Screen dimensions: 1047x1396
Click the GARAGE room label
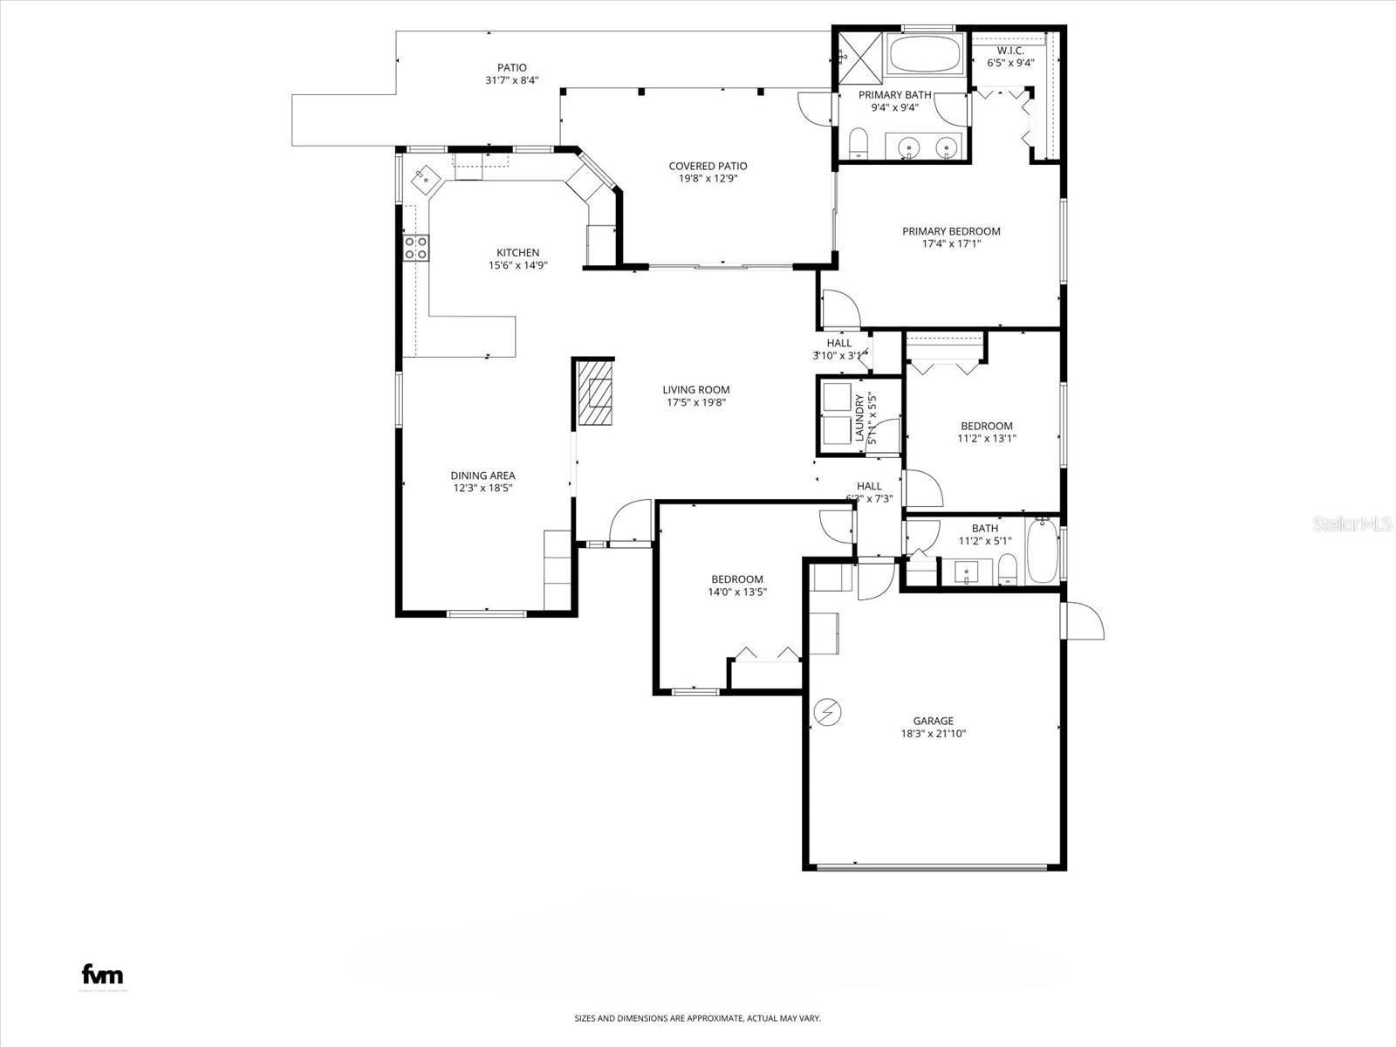click(x=933, y=721)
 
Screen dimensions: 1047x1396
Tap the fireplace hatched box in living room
click(x=594, y=392)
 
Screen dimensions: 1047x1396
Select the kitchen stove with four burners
click(x=416, y=248)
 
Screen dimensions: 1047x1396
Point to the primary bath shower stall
click(x=859, y=55)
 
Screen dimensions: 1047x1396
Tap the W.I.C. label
click(x=1010, y=51)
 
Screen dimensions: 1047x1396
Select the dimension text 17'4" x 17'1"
click(x=951, y=244)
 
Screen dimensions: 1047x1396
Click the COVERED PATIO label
click(x=708, y=166)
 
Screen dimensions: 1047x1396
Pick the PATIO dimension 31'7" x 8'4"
click(x=512, y=80)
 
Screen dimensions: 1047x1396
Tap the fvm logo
click(x=102, y=974)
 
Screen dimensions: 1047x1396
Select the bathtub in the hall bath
click(x=1042, y=551)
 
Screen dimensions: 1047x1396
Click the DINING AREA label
click(x=482, y=476)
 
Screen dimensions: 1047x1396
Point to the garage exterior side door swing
click(x=1085, y=620)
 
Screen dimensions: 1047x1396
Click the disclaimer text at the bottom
click(x=697, y=1018)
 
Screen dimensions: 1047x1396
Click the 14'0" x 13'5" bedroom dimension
click(x=736, y=592)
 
